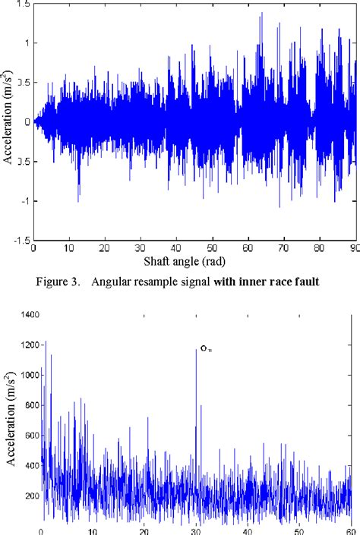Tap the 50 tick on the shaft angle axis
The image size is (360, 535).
[211, 247]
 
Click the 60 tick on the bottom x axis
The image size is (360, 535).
[350, 530]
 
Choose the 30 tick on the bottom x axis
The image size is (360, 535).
[196, 530]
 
